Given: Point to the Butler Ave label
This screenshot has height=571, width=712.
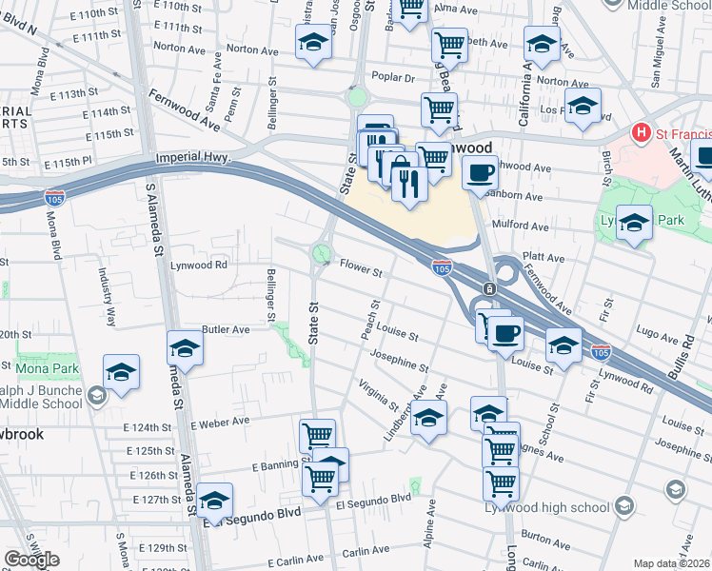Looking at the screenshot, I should click(225, 329).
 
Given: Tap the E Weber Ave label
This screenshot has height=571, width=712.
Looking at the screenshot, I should click(219, 421).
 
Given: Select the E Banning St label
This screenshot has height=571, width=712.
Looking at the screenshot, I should click(277, 465).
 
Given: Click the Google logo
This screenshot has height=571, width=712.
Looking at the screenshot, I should click(31, 559).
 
